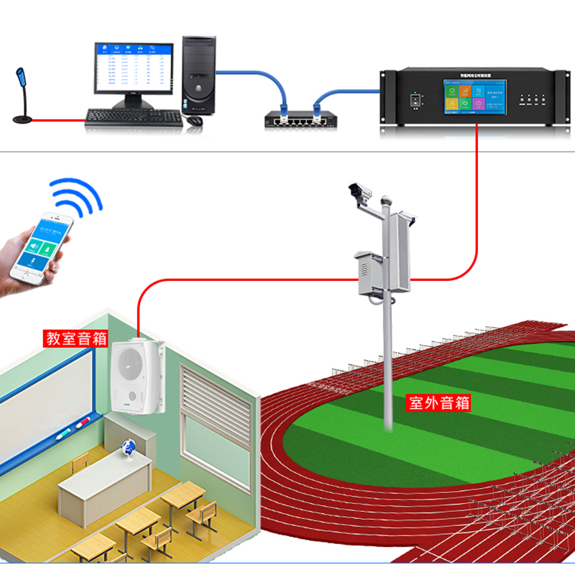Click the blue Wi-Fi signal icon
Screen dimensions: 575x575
coord(75,196)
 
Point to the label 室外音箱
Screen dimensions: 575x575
coord(438,402)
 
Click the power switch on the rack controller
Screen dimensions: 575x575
coord(415,101)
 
